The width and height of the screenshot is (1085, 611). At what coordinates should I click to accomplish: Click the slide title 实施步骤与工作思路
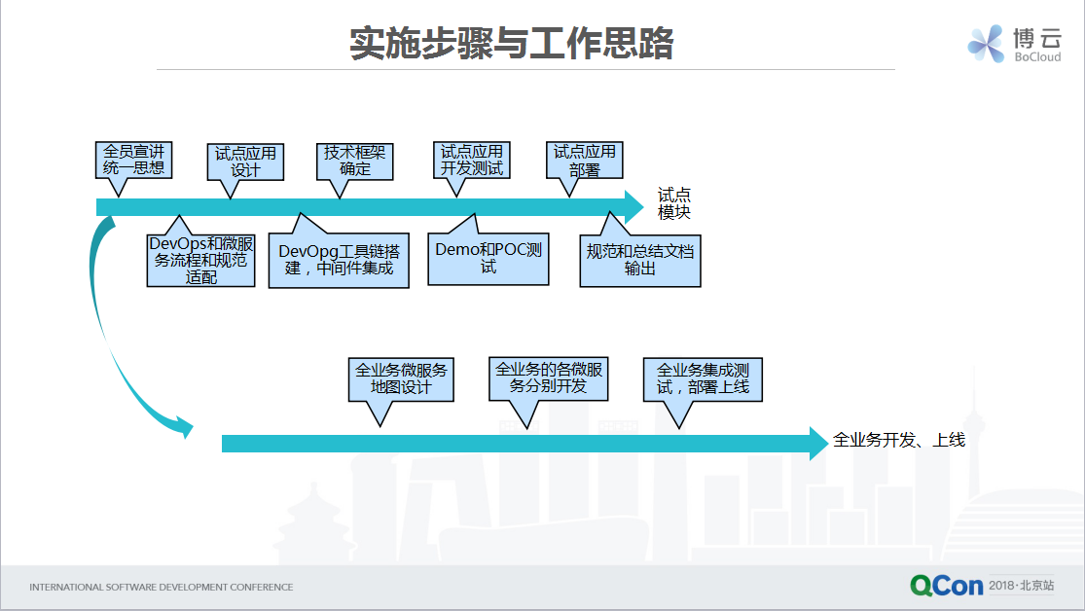512,44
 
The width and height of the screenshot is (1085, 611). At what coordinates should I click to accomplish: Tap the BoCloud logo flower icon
986,44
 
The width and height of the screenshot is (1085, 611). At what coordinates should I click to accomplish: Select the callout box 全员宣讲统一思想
133,161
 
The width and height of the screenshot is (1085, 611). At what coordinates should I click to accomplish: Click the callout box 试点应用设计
245,162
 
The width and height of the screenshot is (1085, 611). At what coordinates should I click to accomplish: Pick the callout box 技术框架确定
355,162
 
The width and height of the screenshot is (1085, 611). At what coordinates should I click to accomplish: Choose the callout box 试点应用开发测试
472,161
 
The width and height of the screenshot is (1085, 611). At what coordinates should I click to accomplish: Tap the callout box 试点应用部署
585,161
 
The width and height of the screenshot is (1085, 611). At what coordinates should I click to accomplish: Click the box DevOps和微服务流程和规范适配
200,260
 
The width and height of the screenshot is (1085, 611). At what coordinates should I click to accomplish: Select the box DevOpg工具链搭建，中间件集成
339,260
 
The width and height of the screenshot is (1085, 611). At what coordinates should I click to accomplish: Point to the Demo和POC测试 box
488,259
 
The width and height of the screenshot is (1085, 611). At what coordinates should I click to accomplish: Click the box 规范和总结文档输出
640,260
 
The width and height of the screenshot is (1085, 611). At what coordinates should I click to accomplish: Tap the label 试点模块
674,203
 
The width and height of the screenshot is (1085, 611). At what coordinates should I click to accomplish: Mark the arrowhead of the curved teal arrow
185,426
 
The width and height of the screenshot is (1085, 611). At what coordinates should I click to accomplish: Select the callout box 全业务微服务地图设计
401,379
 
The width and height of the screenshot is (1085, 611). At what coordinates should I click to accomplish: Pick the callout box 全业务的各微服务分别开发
549,378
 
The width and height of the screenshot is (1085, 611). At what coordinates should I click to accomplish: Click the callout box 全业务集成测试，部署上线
703,379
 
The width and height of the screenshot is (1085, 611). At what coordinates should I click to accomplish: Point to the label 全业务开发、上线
899,440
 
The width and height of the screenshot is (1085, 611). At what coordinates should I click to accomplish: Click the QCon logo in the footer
947,586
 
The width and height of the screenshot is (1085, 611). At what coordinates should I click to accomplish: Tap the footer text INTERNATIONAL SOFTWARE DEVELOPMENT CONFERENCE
162,587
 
